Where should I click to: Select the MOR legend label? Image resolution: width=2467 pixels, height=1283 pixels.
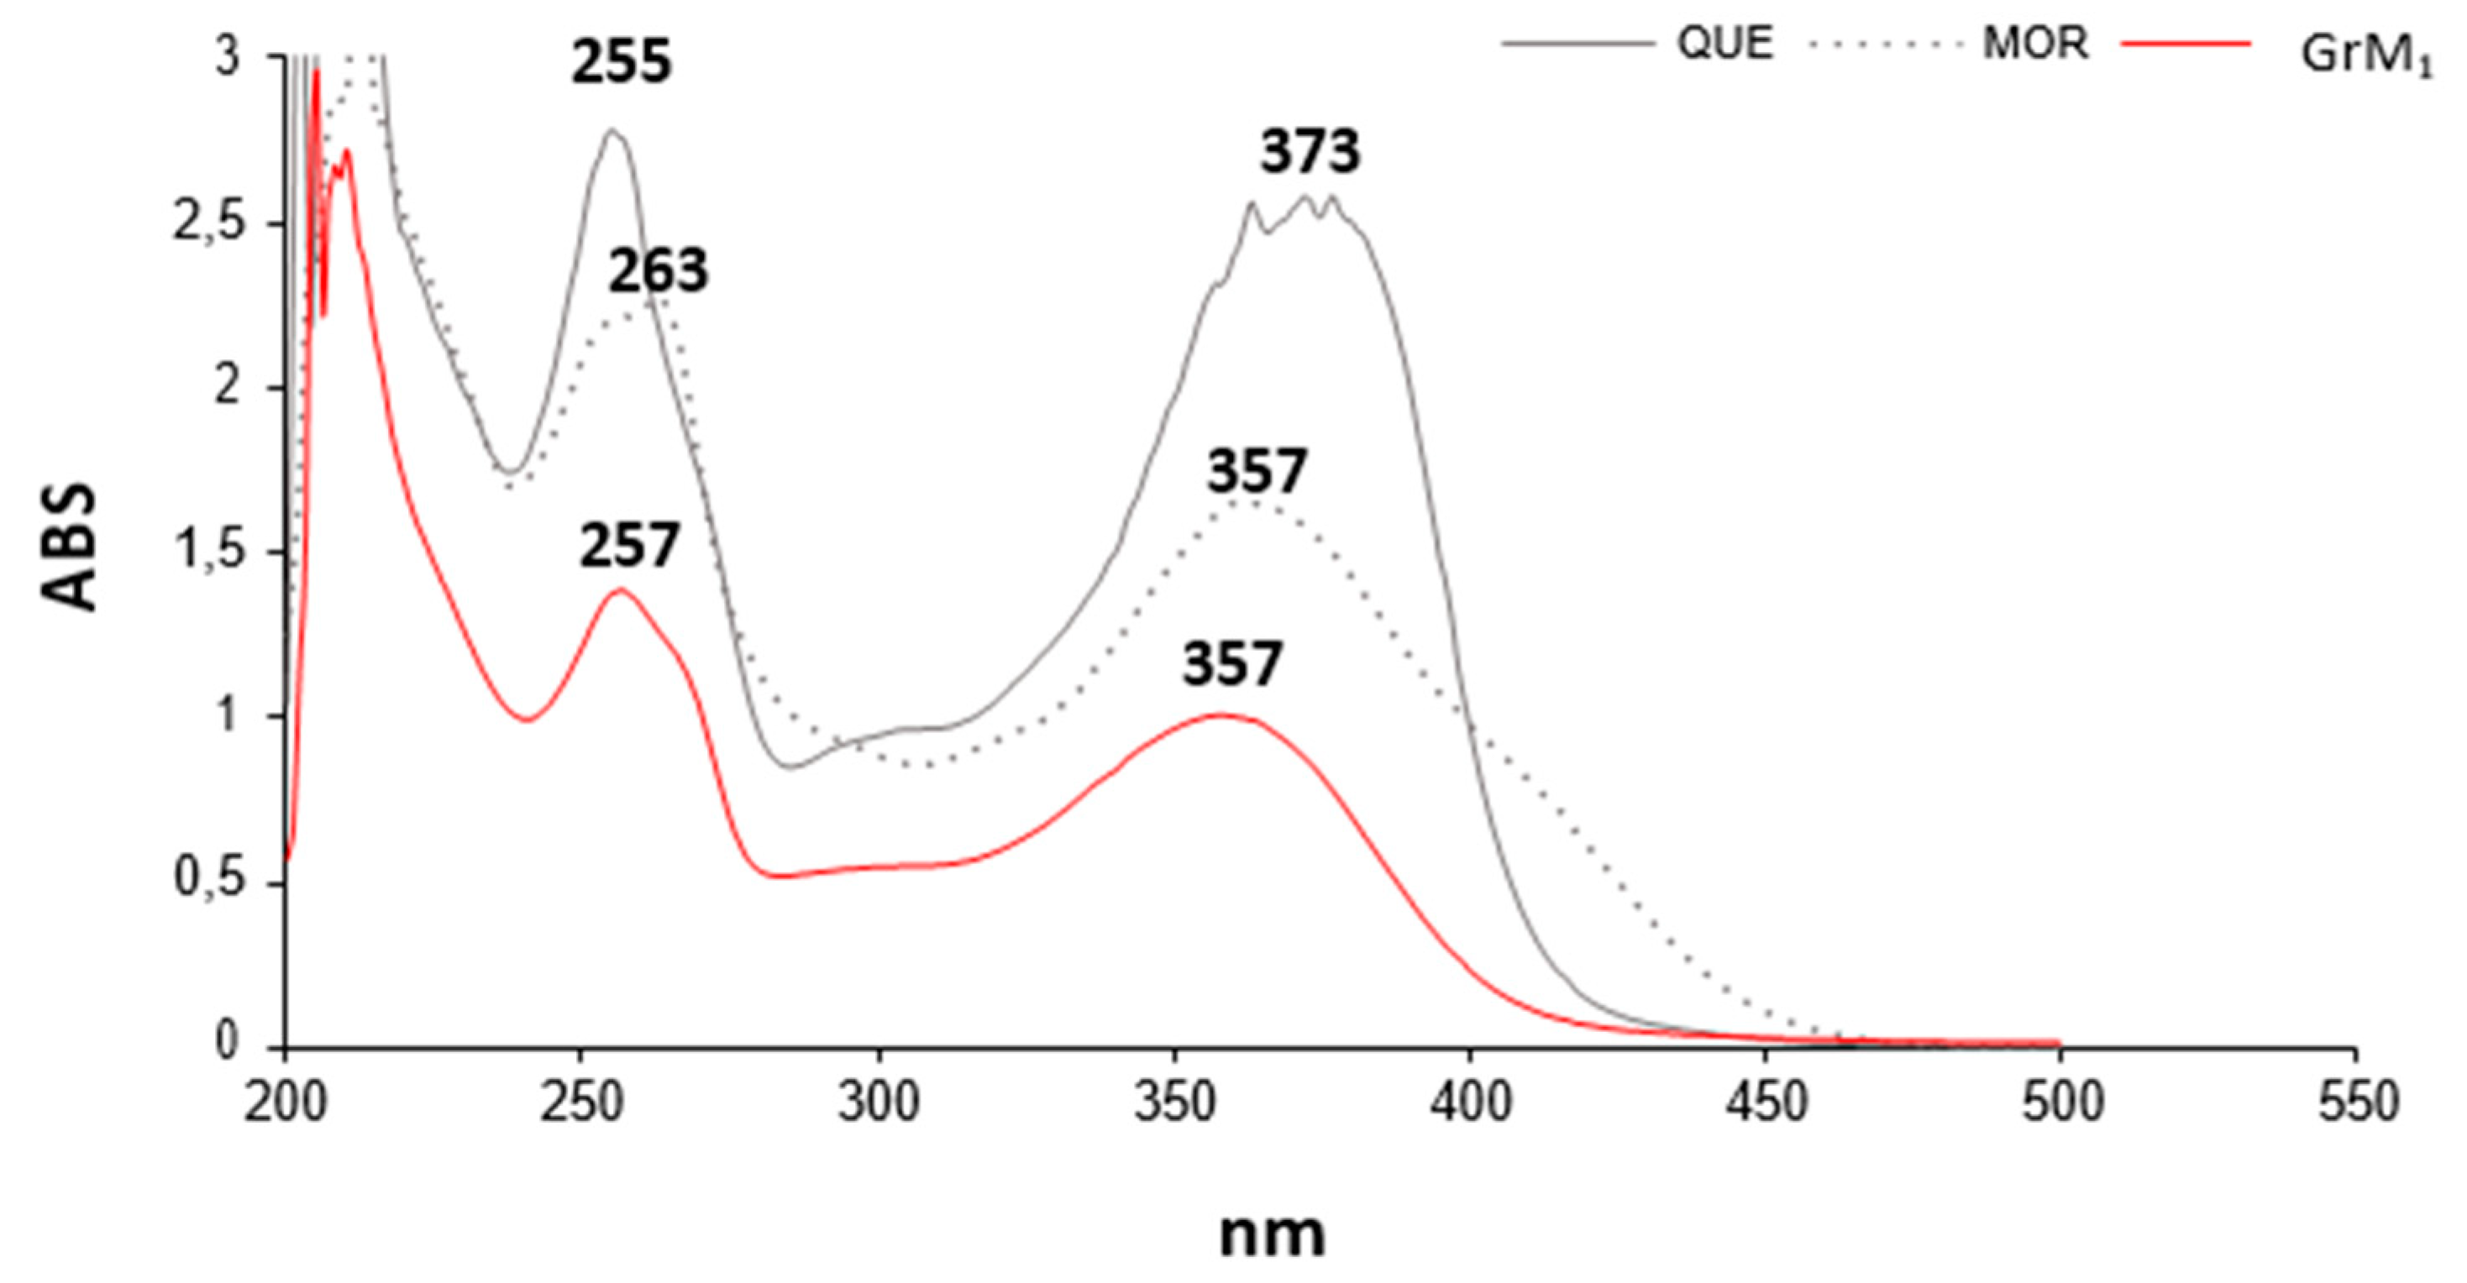click(x=2034, y=43)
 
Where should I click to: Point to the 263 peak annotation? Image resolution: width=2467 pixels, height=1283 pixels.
click(x=658, y=271)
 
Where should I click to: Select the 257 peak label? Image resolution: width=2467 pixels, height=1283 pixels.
click(x=628, y=547)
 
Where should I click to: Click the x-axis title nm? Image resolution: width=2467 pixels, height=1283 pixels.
click(x=1272, y=1234)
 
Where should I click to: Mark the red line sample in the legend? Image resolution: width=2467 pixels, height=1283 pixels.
click(x=2186, y=43)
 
